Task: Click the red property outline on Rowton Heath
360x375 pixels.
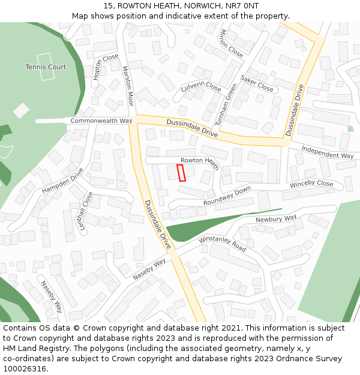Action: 181,173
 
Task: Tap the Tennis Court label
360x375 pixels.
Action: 46,67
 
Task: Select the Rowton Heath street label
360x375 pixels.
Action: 200,160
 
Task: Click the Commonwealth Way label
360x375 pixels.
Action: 101,121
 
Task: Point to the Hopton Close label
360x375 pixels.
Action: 106,67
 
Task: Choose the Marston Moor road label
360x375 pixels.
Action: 127,86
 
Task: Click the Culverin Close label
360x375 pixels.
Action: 201,86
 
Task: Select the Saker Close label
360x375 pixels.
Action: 257,83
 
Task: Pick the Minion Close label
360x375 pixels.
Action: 232,43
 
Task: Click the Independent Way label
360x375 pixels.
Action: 328,152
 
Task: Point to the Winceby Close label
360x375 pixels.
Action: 311,184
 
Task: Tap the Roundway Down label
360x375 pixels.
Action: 227,197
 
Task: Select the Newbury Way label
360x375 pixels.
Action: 276,218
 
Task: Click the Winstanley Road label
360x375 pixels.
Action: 222,244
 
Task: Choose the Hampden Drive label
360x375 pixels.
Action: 62,180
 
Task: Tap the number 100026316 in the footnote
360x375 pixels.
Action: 24,369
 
